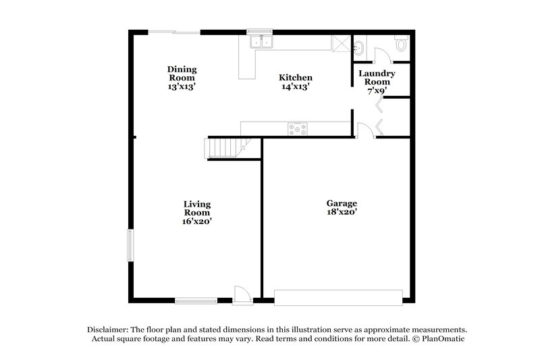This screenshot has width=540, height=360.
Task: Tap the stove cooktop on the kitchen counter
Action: (297, 127)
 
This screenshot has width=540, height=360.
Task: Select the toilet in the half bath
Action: (402, 45)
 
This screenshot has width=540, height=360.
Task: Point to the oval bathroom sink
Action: (359, 47)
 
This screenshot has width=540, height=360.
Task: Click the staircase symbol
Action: (221, 147)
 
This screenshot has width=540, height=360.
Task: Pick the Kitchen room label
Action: (296, 78)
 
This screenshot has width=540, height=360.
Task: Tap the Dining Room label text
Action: (182, 74)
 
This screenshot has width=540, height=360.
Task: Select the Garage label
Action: (342, 203)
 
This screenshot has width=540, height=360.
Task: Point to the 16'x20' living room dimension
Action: (198, 221)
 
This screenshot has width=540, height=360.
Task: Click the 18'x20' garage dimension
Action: (342, 211)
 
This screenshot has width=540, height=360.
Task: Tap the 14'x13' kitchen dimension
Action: (296, 86)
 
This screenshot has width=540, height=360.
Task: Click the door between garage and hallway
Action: (364, 130)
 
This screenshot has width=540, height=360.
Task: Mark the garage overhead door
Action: (338, 296)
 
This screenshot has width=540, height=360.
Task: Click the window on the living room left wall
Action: (131, 245)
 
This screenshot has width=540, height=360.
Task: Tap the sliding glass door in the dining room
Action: (174, 32)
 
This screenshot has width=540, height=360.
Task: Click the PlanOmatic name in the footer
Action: (443, 338)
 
